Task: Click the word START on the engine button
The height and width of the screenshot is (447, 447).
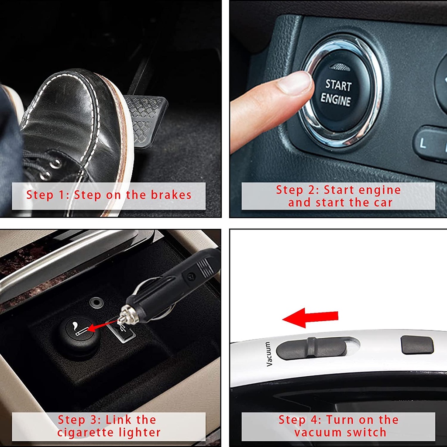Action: pos(338,85)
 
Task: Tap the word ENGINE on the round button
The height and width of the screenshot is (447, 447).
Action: pos(336,100)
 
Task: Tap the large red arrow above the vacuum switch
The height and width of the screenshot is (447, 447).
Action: pos(310,317)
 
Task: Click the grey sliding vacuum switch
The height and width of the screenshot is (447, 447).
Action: pos(312,348)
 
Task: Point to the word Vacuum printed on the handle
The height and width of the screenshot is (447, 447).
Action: pos(268,354)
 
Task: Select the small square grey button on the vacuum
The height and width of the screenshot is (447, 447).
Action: pos(417,345)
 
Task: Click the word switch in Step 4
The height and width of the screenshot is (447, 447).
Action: pos(367,433)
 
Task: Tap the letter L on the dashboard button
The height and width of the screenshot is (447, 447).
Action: pos(423,143)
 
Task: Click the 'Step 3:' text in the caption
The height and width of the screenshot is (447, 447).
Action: pos(78,420)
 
